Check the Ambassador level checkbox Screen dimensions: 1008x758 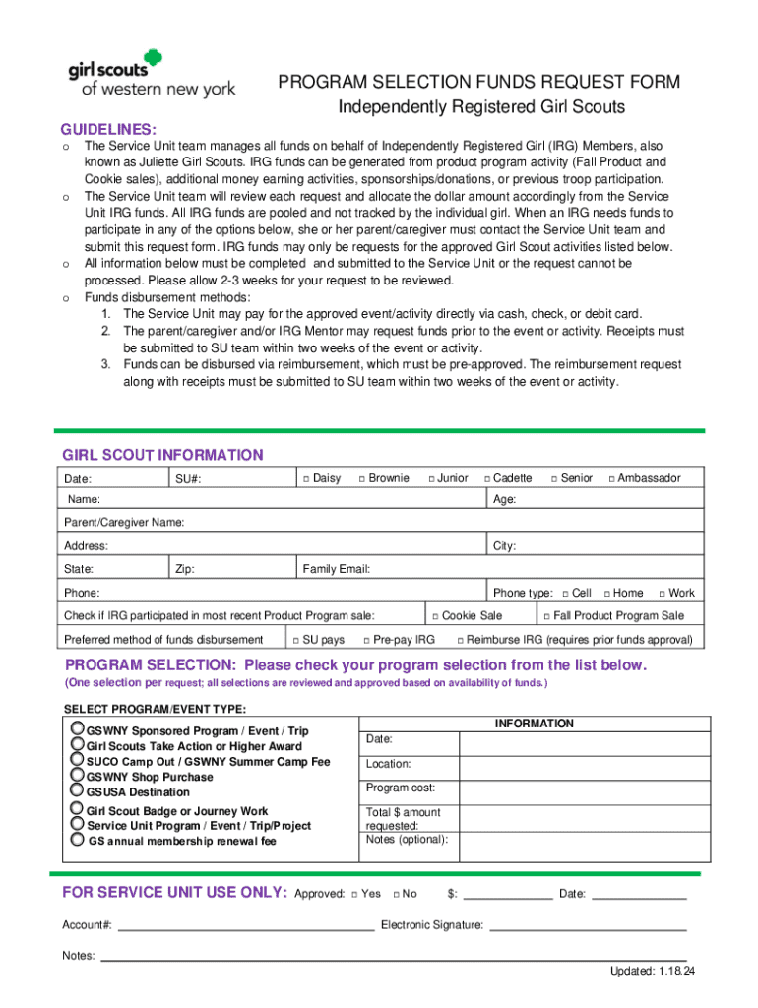(x=611, y=479)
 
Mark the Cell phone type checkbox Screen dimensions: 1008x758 (x=565, y=594)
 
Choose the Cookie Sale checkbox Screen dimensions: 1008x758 (x=435, y=616)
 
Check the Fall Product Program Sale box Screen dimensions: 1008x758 (x=546, y=616)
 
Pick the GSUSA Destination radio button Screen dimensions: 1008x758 (x=78, y=790)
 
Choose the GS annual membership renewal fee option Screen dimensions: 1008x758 (x=78, y=840)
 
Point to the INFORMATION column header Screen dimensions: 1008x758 (x=534, y=724)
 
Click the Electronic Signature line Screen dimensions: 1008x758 (x=587, y=925)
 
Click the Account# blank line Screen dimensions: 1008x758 (x=246, y=925)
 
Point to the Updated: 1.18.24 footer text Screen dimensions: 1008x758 (x=652, y=972)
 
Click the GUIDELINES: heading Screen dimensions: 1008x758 (x=108, y=130)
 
